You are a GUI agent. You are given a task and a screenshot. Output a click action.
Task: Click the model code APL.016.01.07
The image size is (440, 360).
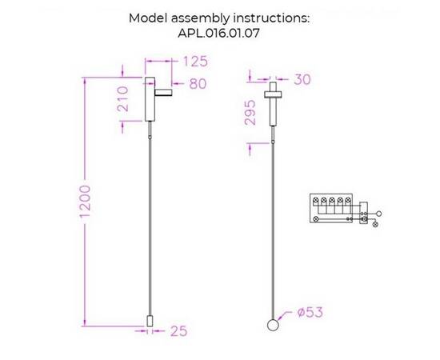pyautogui.click(x=218, y=34)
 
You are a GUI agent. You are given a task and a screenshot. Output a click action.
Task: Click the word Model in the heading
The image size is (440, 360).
pyautogui.click(x=148, y=18)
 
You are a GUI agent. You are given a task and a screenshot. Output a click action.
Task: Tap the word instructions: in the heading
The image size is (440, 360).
pyautogui.click(x=271, y=18)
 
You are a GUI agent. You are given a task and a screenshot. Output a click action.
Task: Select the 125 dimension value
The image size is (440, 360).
pyautogui.click(x=195, y=61)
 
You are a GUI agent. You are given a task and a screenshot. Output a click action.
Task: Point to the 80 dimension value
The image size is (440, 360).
pyautogui.click(x=198, y=84)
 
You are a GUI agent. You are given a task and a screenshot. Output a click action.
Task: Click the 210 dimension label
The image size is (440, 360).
pyautogui.click(x=122, y=98)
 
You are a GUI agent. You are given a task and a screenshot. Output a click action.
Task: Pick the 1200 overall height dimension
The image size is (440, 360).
pyautogui.click(x=85, y=201)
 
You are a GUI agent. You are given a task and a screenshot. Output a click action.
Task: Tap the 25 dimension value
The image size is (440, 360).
pyautogui.click(x=178, y=331)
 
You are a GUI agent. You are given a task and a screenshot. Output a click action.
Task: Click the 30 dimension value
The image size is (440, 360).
pyautogui.click(x=302, y=79)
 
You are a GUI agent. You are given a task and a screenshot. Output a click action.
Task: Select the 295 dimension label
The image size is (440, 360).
pyautogui.click(x=250, y=112)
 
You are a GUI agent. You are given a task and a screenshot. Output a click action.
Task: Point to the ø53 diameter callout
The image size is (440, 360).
pyautogui.click(x=310, y=312)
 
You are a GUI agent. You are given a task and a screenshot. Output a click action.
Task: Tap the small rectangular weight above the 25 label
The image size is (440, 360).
pyautogui.click(x=150, y=321)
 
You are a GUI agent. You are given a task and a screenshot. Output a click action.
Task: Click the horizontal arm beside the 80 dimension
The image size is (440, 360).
pyautogui.click(x=163, y=92)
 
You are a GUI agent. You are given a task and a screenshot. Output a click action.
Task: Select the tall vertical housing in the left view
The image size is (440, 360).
pyautogui.click(x=150, y=99)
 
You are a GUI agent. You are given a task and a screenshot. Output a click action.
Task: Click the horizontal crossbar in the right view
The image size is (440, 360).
pyautogui.click(x=273, y=94)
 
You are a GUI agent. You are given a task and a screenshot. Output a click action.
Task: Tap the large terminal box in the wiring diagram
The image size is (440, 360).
pyautogui.click(x=331, y=208)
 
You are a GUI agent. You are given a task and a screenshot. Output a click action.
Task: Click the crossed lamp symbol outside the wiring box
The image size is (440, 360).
pyautogui.click(x=375, y=224)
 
